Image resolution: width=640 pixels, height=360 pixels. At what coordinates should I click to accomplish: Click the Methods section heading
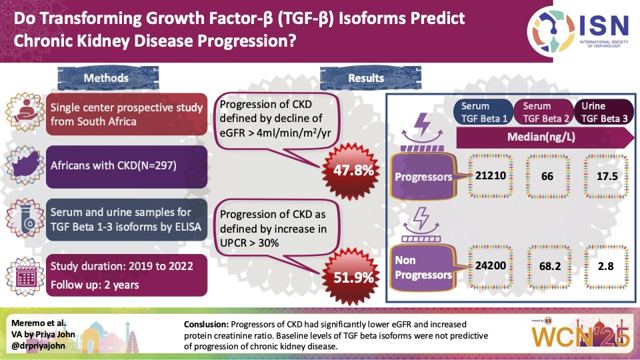point(106,78)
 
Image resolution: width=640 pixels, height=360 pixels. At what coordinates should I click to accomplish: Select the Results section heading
point(366,78)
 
